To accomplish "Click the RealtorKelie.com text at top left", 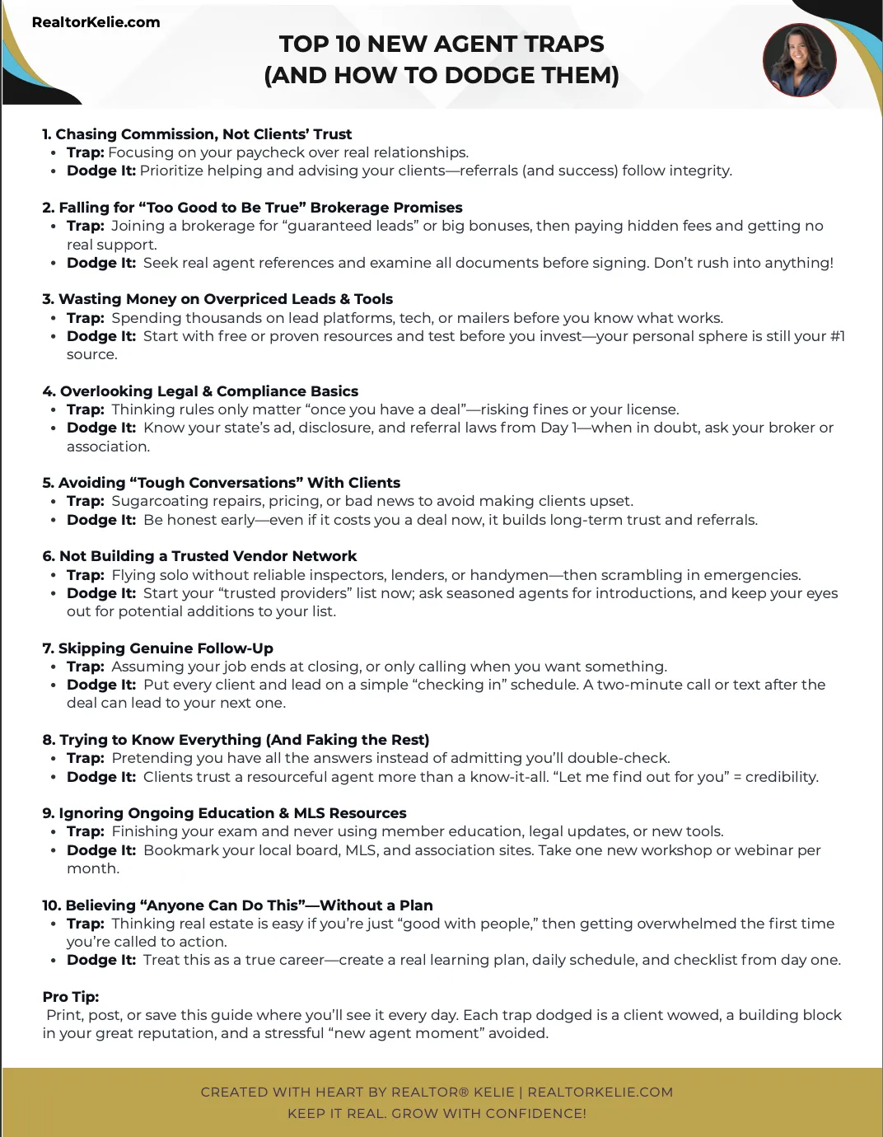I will [x=96, y=22].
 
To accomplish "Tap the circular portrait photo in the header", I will [x=799, y=60].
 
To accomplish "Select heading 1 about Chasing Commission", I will [x=197, y=134].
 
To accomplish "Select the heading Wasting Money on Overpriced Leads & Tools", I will [x=217, y=299].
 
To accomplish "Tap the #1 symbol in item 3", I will [x=838, y=336].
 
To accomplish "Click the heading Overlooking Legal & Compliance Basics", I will [x=200, y=391].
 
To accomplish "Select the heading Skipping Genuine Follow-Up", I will [x=157, y=648].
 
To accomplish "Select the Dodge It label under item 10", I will [x=101, y=960].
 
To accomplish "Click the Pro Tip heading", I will [x=71, y=997].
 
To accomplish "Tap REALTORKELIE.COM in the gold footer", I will [x=600, y=1093].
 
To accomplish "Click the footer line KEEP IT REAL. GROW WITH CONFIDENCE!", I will [x=437, y=1114].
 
